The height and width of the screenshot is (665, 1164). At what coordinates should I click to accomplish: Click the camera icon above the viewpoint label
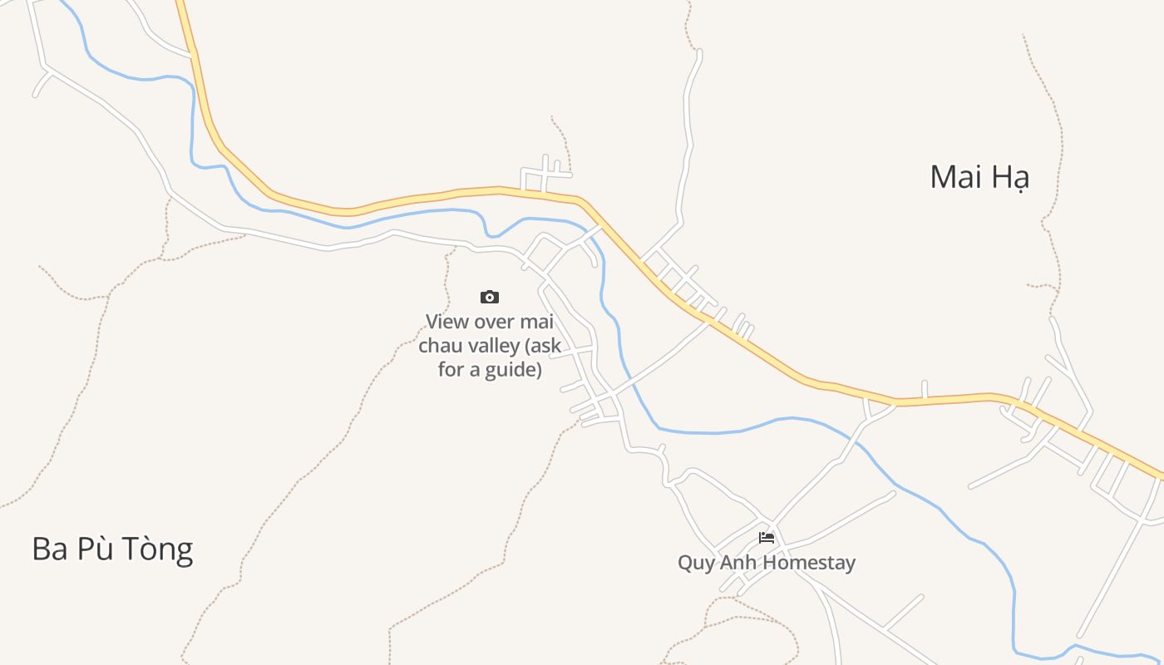[490, 297]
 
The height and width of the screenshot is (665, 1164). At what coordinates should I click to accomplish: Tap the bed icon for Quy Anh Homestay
[767, 538]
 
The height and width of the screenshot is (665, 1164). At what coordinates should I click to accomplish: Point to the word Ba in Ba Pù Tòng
[50, 549]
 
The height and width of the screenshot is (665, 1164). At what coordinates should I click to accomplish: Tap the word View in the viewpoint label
[447, 322]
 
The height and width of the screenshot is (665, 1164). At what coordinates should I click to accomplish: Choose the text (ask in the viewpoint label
[544, 346]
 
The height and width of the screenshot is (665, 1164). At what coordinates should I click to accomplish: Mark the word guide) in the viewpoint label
[513, 369]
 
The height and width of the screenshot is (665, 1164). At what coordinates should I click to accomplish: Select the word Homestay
[809, 564]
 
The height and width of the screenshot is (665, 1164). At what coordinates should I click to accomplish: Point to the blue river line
[715, 432]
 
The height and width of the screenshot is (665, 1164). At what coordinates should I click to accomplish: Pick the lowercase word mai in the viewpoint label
[537, 322]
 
